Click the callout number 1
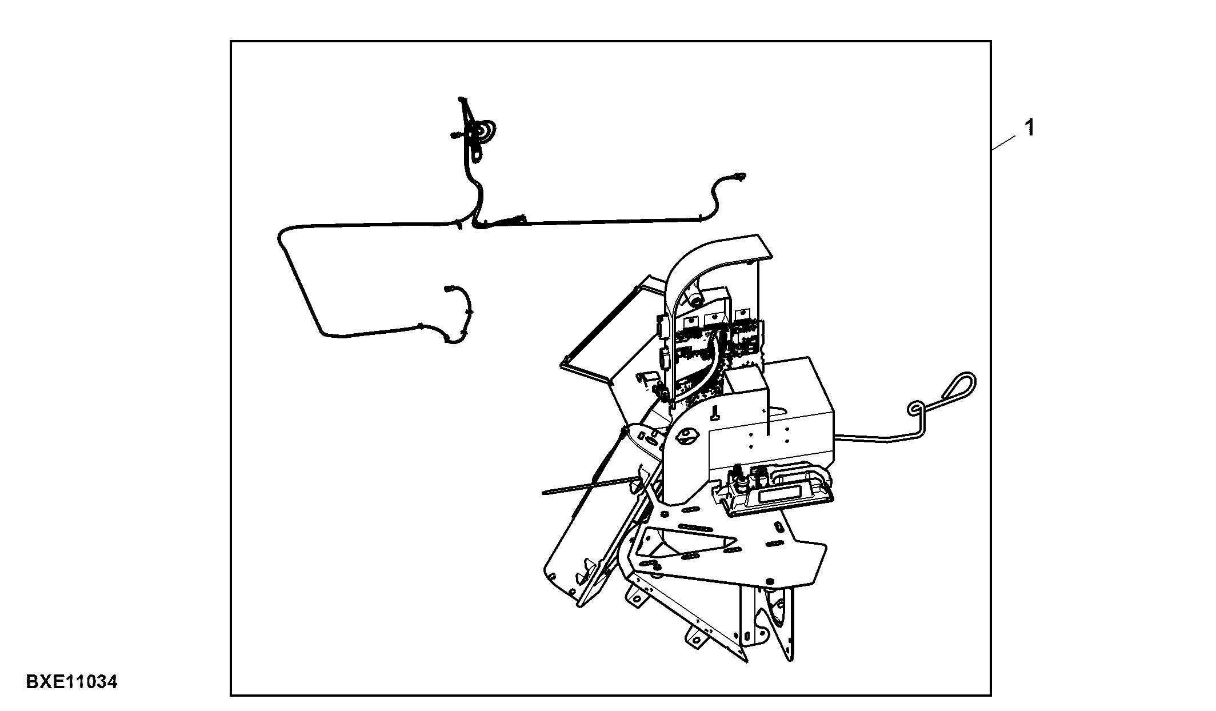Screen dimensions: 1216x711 click(1030, 128)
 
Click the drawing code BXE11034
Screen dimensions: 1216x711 click(72, 682)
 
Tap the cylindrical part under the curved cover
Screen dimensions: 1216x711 click(694, 298)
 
